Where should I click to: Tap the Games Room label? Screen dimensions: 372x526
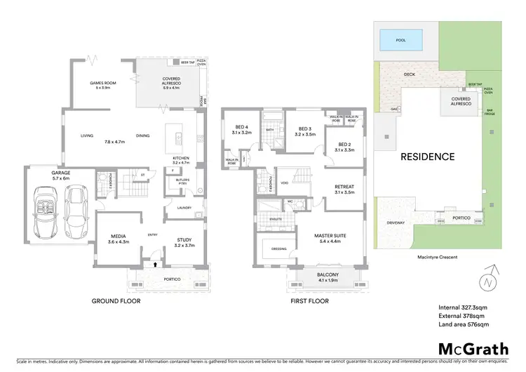(102, 85)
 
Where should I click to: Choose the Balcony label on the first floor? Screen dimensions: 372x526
(328, 277)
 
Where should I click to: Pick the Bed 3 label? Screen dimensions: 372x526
(305, 131)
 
